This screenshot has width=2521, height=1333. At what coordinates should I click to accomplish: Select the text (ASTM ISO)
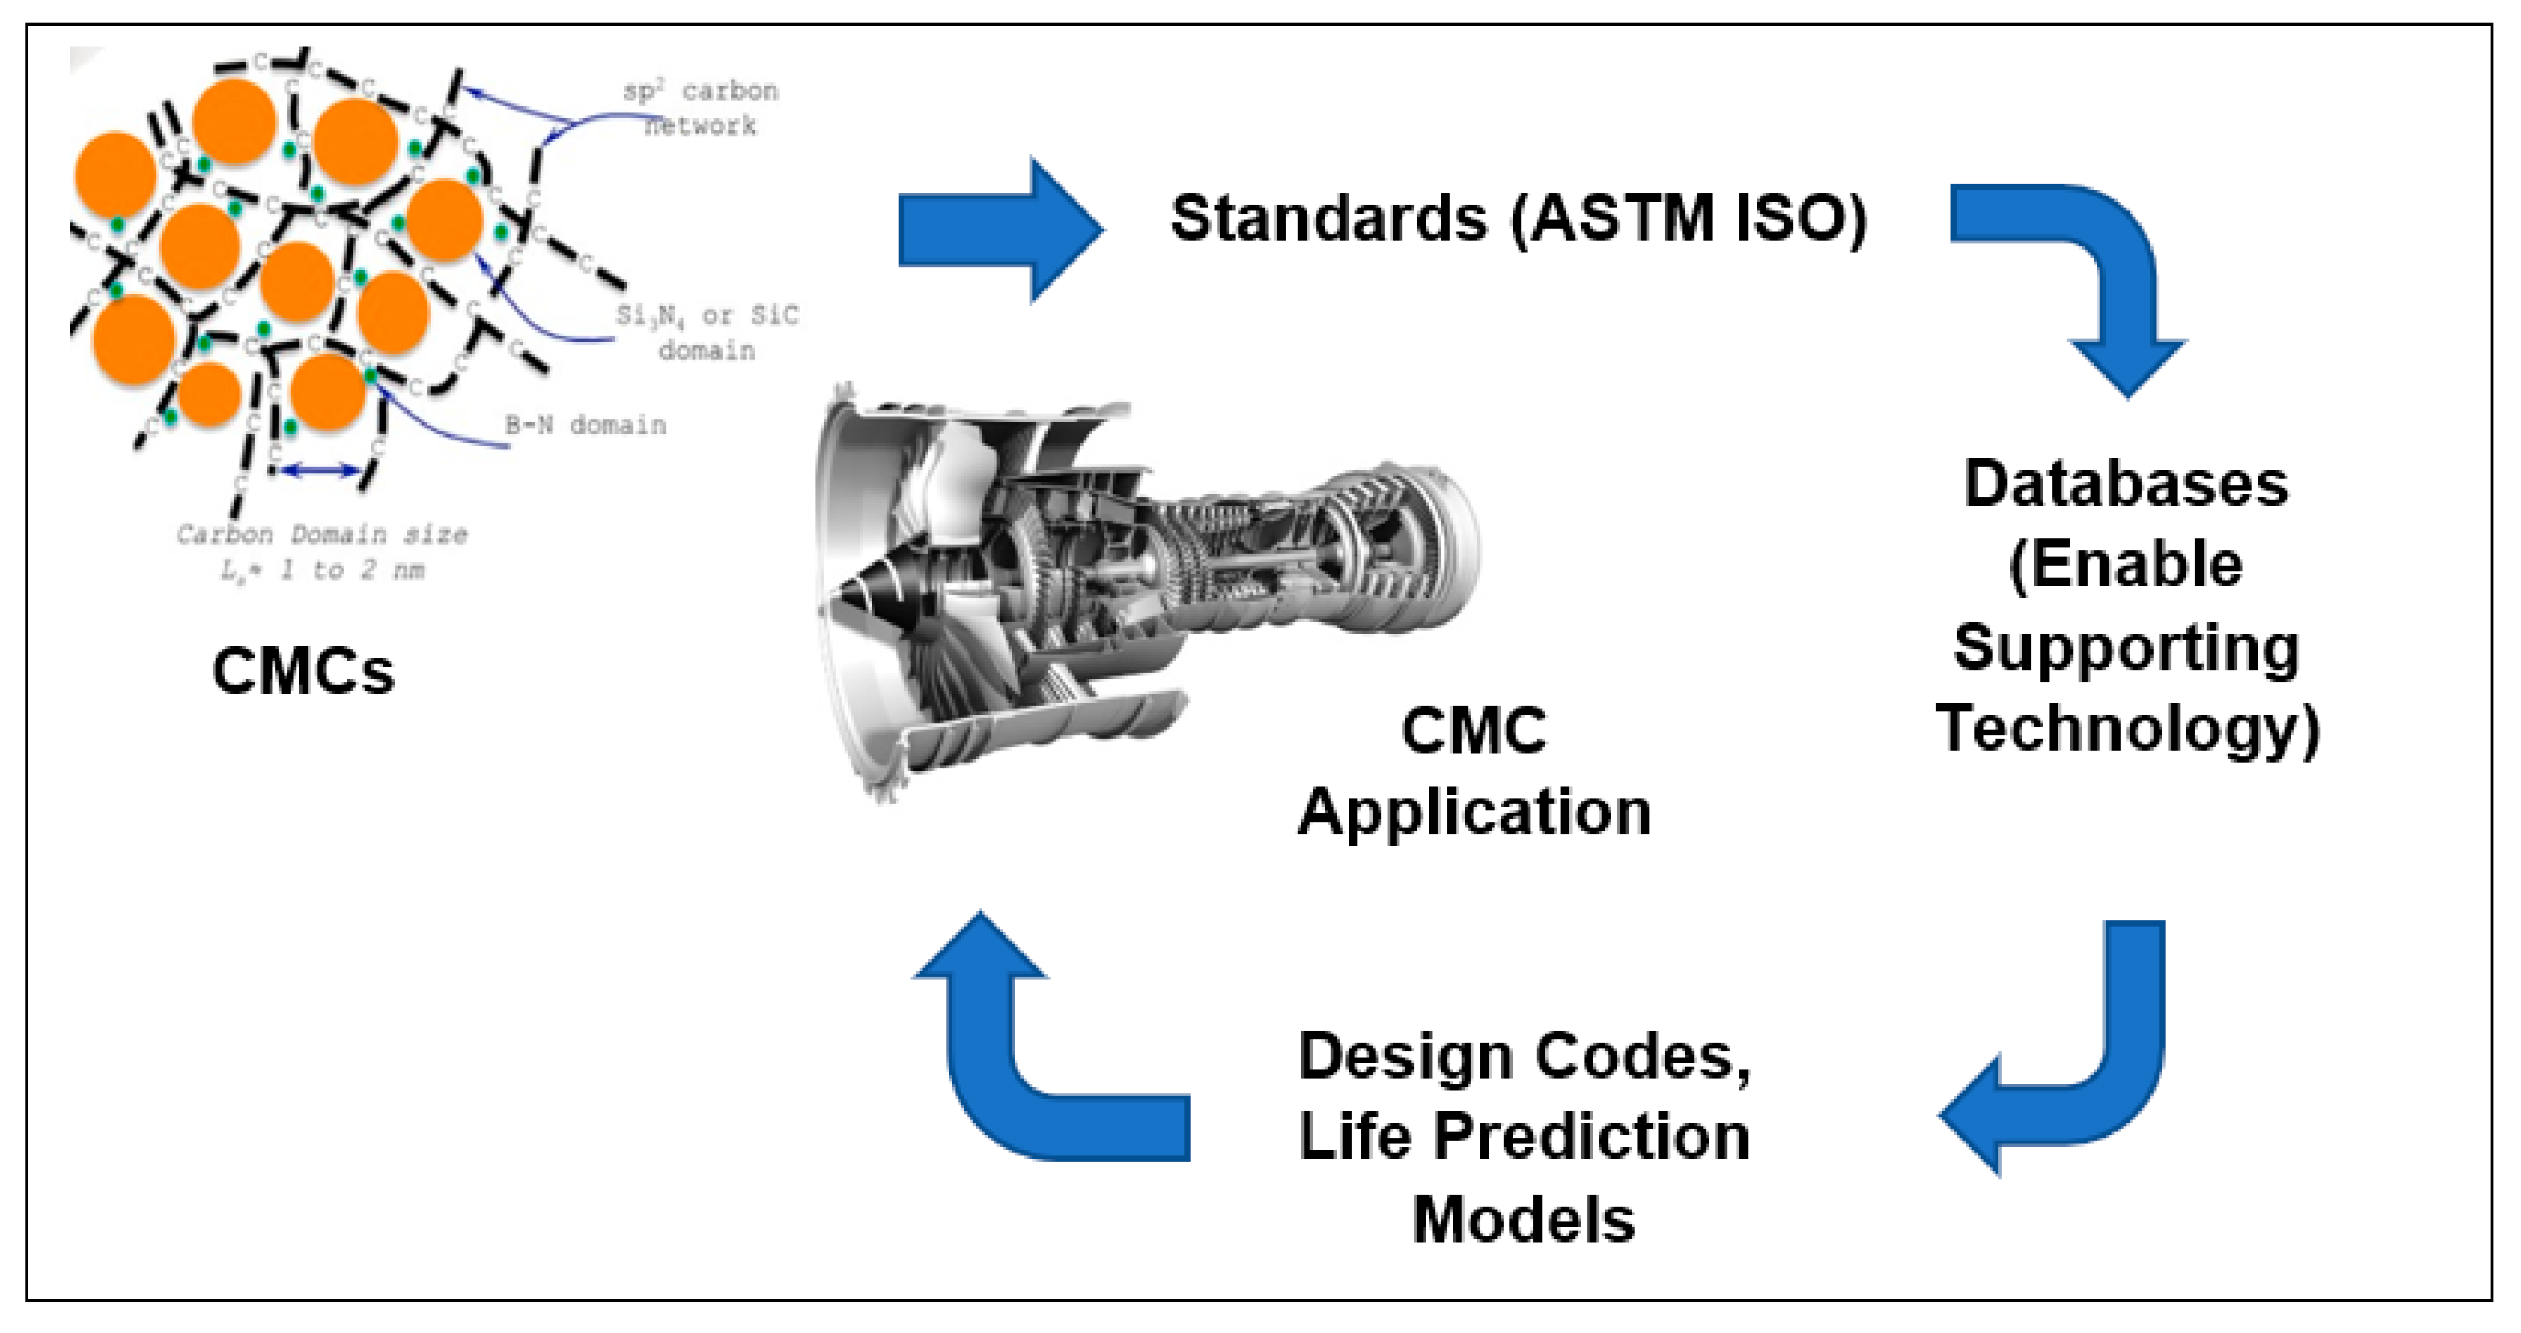point(1688,218)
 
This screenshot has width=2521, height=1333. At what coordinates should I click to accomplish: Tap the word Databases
point(2126,483)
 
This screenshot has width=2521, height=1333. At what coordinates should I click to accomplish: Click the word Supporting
point(2126,648)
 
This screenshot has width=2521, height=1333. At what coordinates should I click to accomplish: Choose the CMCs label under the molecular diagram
point(303,671)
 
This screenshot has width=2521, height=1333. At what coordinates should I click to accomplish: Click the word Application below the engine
point(1474,811)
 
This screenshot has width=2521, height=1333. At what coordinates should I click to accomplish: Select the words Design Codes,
point(1524,1056)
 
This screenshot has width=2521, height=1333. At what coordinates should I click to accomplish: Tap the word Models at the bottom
point(1524,1219)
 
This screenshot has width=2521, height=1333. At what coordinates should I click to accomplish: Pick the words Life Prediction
point(1524,1137)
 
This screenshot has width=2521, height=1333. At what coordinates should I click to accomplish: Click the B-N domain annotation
point(585,426)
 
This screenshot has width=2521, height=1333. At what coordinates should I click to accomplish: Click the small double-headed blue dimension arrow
point(321,470)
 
